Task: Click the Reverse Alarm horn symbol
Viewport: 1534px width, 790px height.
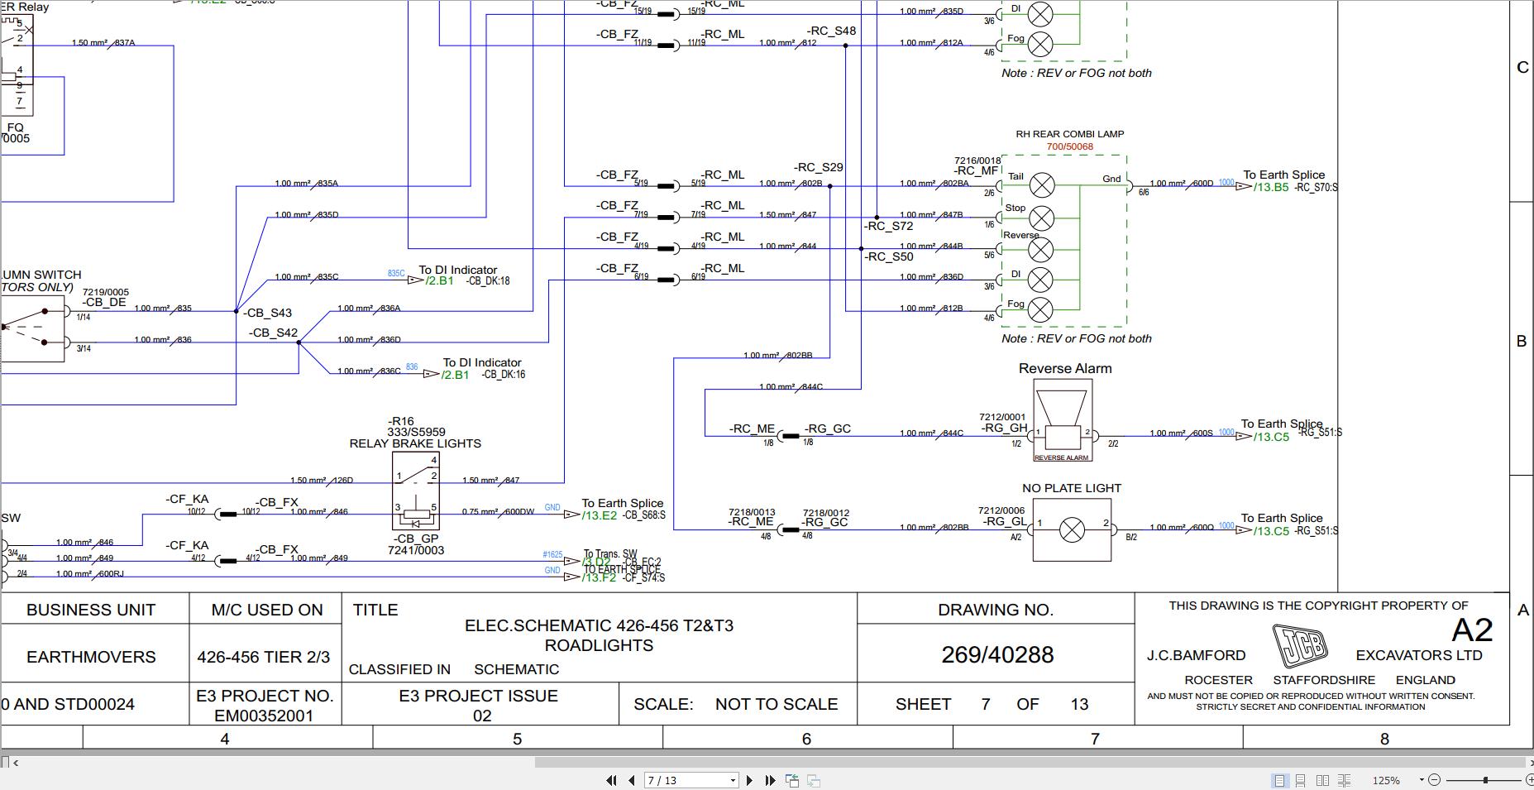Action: point(1062,419)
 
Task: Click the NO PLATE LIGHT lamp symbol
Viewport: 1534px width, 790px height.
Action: point(1072,529)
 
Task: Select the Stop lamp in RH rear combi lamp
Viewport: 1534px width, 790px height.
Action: point(1041,218)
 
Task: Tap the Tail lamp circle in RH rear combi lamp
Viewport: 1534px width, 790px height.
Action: point(1041,185)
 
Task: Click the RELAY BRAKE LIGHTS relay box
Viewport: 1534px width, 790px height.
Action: point(416,491)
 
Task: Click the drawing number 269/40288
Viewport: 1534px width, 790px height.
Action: point(997,655)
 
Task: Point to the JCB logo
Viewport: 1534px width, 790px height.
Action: point(1299,645)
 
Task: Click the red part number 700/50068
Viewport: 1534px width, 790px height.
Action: point(1069,147)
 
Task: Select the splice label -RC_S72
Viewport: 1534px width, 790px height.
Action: point(889,226)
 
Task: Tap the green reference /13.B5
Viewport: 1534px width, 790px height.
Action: point(1270,188)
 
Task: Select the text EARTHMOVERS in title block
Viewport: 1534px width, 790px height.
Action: point(91,657)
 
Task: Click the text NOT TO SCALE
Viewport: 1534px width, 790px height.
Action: point(776,704)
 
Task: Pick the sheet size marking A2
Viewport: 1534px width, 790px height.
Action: point(1471,631)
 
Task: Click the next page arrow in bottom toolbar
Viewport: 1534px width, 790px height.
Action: point(749,780)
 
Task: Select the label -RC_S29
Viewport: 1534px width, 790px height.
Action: point(818,167)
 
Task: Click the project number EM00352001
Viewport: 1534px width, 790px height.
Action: point(264,716)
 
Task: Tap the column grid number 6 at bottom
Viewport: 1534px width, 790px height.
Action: point(806,739)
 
